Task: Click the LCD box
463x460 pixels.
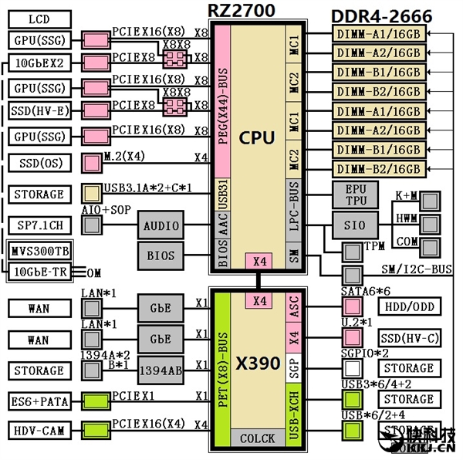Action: click(x=39, y=18)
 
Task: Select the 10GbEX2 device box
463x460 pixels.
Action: click(x=39, y=62)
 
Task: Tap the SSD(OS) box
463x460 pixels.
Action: click(x=39, y=163)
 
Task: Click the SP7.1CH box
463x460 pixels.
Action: click(x=39, y=225)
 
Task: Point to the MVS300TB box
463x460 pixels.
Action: click(x=39, y=252)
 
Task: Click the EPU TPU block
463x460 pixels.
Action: click(x=356, y=194)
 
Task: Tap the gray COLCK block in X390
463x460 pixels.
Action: click(x=257, y=438)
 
